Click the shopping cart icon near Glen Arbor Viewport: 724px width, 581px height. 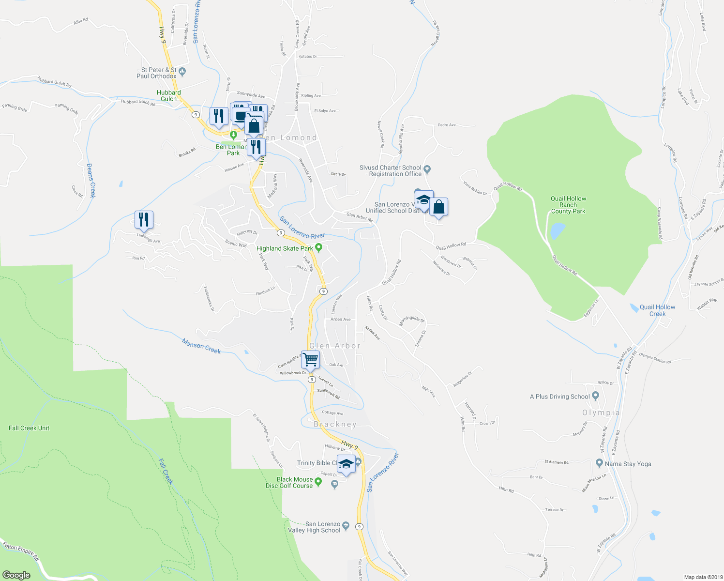click(310, 360)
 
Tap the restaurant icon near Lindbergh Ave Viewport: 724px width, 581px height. click(144, 220)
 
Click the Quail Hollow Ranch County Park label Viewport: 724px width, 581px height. click(568, 205)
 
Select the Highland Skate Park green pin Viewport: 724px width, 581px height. click(318, 248)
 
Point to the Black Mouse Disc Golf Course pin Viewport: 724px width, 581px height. click(318, 482)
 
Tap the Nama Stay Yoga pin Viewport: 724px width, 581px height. click(600, 463)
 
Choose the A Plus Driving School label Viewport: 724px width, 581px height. click(559, 397)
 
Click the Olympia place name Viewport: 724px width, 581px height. click(601, 413)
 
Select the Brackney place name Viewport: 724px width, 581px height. click(335, 425)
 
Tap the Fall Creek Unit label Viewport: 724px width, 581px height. click(29, 428)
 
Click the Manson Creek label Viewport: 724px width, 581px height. click(201, 346)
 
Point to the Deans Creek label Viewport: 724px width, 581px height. click(90, 180)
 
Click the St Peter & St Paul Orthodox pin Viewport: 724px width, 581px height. click(182, 73)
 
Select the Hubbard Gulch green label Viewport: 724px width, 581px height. click(169, 95)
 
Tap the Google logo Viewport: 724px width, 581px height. click(16, 575)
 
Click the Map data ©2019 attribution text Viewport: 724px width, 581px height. click(703, 577)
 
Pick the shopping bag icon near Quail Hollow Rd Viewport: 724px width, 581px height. click(438, 207)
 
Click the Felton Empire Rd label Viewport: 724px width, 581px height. click(18, 550)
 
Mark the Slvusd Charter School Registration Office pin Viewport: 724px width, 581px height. click(427, 169)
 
